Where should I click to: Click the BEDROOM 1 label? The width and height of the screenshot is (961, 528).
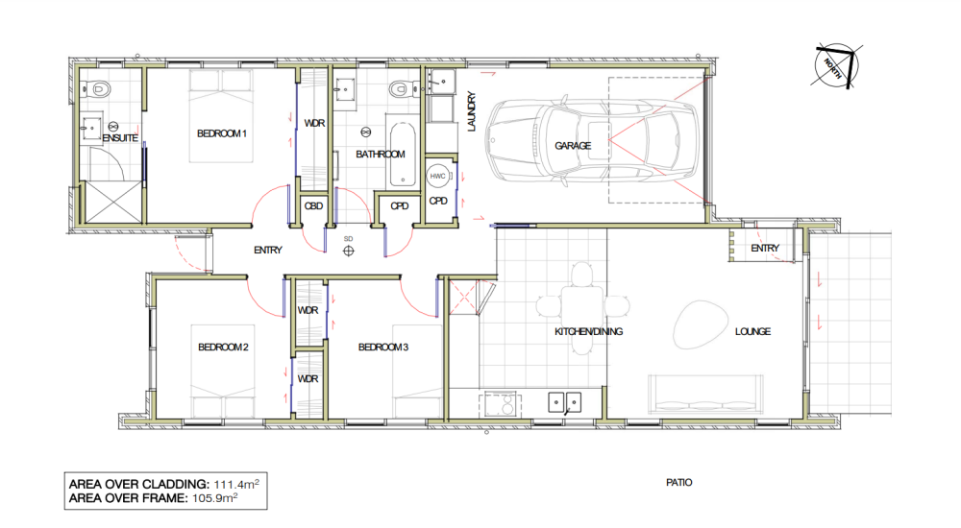(223, 133)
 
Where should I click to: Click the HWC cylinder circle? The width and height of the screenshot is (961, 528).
(438, 176)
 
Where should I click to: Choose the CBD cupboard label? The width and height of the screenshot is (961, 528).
(312, 205)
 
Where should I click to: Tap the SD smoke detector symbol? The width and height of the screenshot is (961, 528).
(348, 249)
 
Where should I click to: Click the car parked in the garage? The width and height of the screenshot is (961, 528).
(592, 146)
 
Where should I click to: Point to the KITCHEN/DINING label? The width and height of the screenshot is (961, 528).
(589, 332)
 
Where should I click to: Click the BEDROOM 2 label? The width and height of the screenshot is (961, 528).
(224, 348)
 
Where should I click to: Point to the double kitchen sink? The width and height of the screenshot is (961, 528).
(563, 401)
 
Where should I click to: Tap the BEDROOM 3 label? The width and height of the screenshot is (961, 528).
(384, 348)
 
